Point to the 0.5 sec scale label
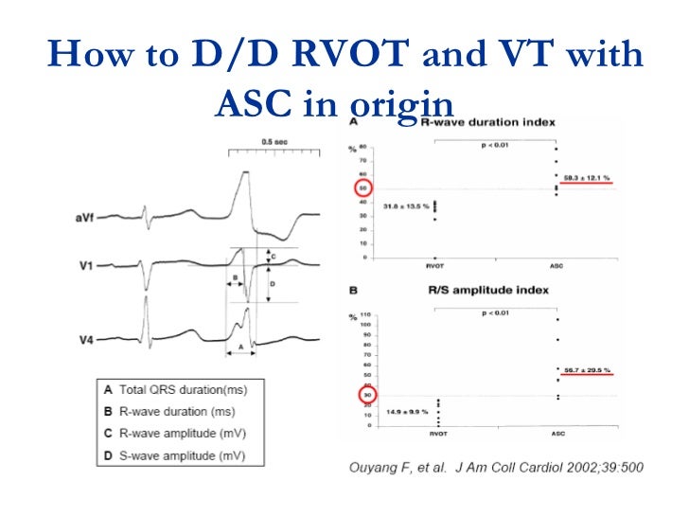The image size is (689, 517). pos(275,142)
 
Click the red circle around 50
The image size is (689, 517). pos(363,187)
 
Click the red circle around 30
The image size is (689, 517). pos(367,395)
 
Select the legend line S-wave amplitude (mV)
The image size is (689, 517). pos(181,455)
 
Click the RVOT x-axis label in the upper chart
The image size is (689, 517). pos(435,267)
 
